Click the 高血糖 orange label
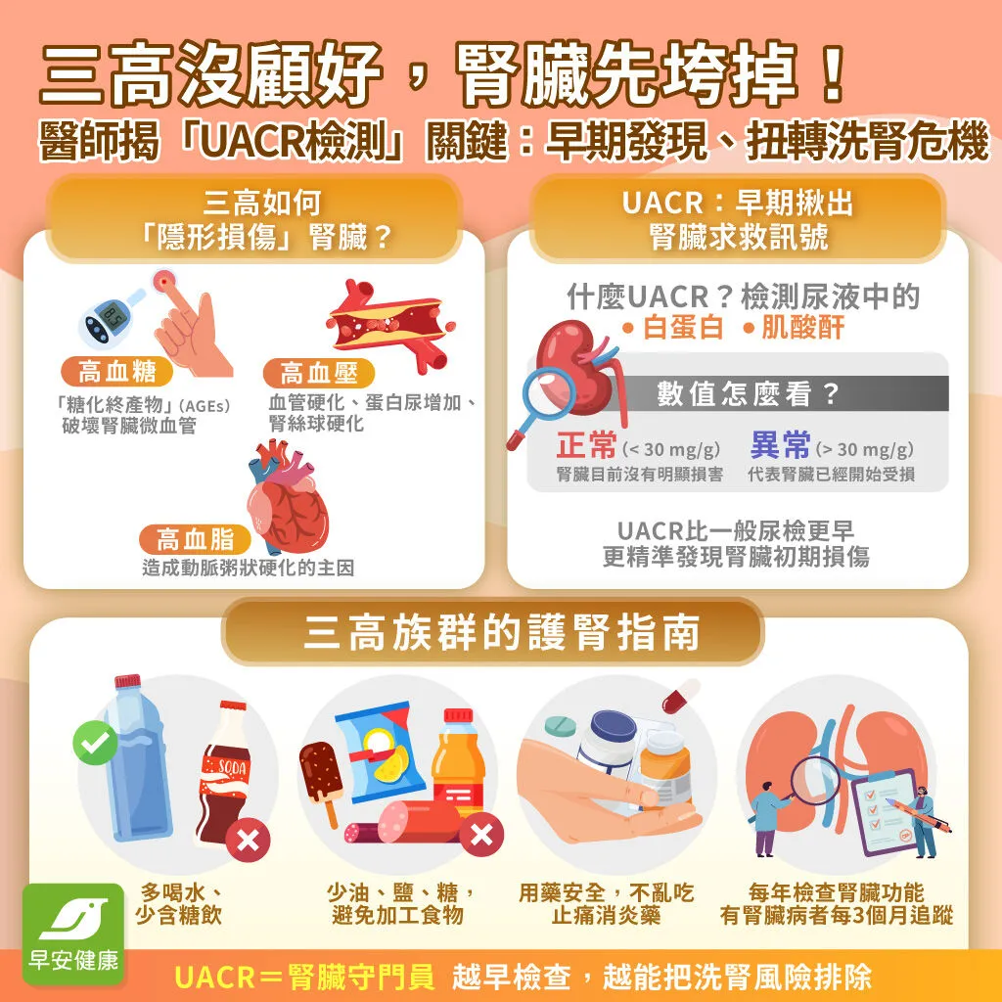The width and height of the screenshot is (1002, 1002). pyautogui.click(x=117, y=371)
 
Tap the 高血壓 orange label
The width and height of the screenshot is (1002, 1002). pyautogui.click(x=318, y=373)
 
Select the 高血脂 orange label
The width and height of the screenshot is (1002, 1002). pyautogui.click(x=195, y=539)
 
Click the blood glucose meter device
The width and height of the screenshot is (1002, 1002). pyautogui.click(x=109, y=318)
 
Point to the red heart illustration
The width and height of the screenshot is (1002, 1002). pyautogui.click(x=288, y=497)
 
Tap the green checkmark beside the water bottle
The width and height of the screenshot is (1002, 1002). pyautogui.click(x=95, y=742)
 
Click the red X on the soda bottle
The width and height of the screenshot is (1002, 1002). pyautogui.click(x=248, y=840)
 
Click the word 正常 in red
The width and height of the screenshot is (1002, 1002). pyautogui.click(x=586, y=445)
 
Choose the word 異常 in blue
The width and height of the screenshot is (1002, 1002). pyautogui.click(x=780, y=445)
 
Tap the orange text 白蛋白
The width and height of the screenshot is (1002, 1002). pyautogui.click(x=683, y=327)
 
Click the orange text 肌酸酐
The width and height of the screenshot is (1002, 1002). pyautogui.click(x=803, y=327)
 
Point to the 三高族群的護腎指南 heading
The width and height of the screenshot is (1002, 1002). pyautogui.click(x=501, y=632)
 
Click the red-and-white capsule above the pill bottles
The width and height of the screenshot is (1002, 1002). pyautogui.click(x=681, y=696)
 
